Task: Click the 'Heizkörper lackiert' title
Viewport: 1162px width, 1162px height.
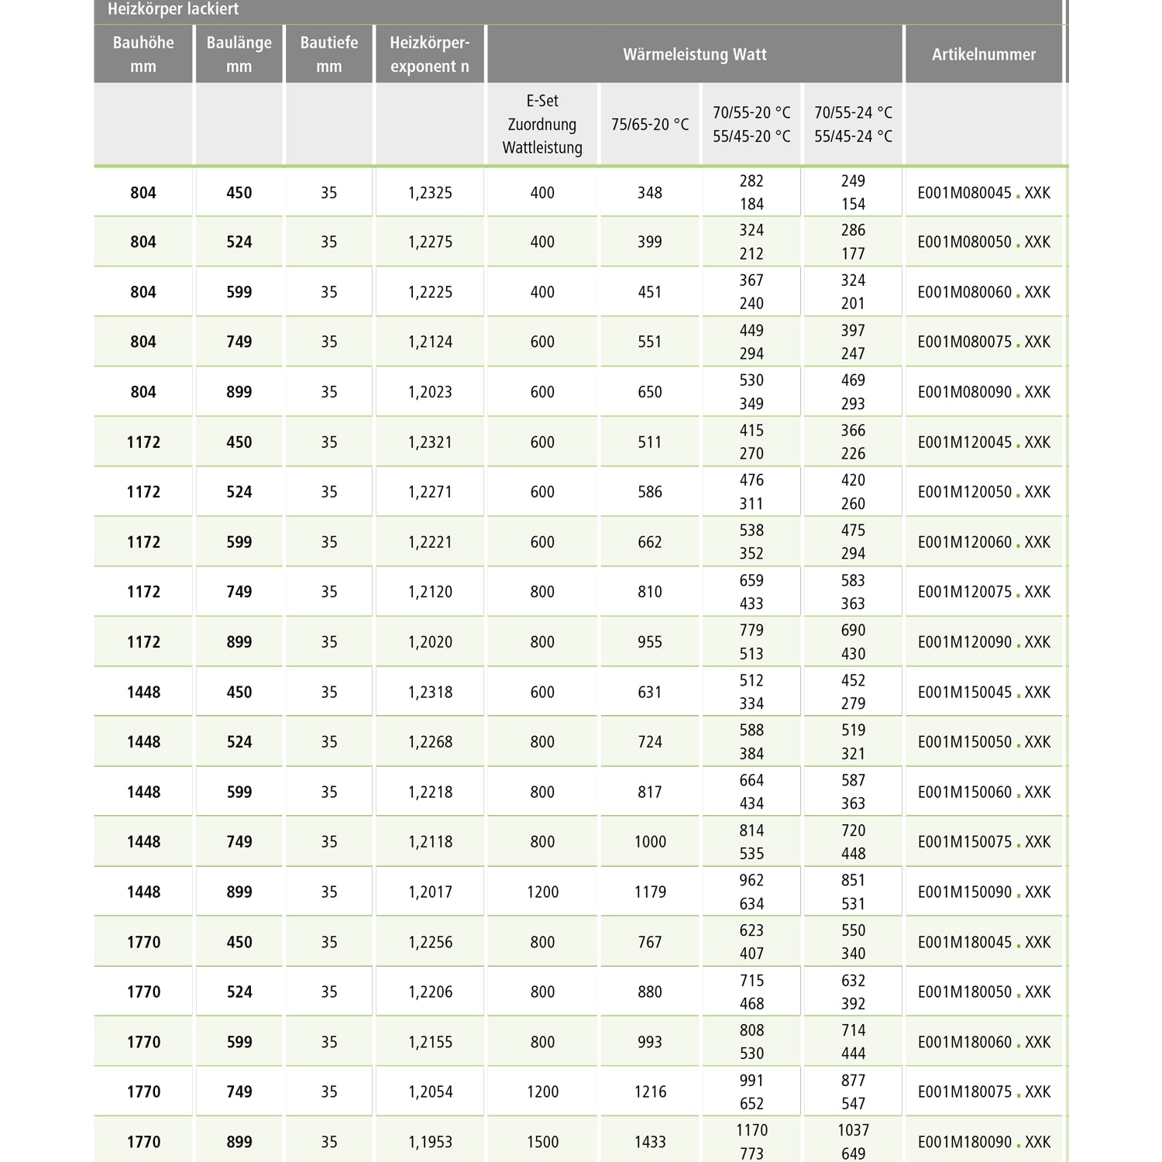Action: (x=173, y=9)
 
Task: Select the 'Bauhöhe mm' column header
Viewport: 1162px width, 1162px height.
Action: (x=143, y=54)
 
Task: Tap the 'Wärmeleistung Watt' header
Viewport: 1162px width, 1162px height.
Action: (x=695, y=54)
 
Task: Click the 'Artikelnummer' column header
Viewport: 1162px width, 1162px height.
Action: (x=984, y=54)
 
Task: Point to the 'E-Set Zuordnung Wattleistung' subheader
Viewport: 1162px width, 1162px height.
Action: (x=542, y=124)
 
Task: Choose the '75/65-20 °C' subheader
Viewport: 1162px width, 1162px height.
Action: (x=650, y=125)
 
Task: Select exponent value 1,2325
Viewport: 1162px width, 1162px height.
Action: (x=430, y=193)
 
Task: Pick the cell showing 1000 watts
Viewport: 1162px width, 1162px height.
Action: (x=650, y=842)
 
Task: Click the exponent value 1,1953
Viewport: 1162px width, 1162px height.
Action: (x=430, y=1142)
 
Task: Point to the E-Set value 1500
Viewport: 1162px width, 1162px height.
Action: (x=542, y=1142)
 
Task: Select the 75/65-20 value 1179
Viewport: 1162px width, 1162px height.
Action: (x=650, y=892)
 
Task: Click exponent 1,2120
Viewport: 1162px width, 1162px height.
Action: (x=430, y=593)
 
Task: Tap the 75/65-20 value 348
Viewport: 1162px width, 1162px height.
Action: (x=650, y=193)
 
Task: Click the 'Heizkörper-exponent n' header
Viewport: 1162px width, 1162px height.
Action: (x=430, y=54)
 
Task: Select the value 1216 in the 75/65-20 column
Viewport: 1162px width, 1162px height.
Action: (x=650, y=1092)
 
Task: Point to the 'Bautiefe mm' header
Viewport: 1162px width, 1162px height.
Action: (x=329, y=54)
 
